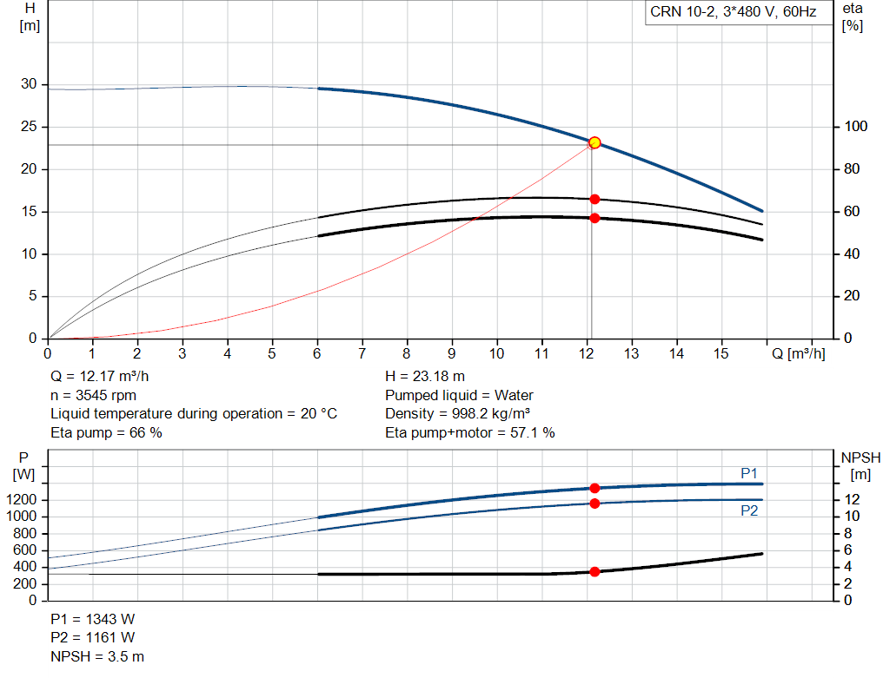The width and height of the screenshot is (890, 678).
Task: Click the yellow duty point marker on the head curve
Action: point(594,142)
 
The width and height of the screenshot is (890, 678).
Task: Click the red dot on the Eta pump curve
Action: point(594,199)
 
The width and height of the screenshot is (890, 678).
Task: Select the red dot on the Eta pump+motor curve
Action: point(594,218)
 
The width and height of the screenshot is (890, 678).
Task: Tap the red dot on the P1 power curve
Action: point(594,488)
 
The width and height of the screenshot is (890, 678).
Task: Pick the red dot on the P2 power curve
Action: point(594,504)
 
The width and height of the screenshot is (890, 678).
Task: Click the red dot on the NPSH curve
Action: point(594,571)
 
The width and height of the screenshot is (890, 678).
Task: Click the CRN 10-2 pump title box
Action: point(733,12)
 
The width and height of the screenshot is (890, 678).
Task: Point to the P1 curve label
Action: point(749,473)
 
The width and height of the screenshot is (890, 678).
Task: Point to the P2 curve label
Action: point(749,511)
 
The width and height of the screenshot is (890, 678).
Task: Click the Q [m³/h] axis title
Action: point(799,353)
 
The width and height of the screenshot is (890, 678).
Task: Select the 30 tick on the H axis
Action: point(29,84)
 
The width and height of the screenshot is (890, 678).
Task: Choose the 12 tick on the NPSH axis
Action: point(852,500)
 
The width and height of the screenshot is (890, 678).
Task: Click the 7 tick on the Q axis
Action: point(362,353)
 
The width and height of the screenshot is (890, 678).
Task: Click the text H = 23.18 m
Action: point(425,377)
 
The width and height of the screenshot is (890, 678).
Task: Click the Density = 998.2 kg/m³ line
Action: point(458,413)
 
